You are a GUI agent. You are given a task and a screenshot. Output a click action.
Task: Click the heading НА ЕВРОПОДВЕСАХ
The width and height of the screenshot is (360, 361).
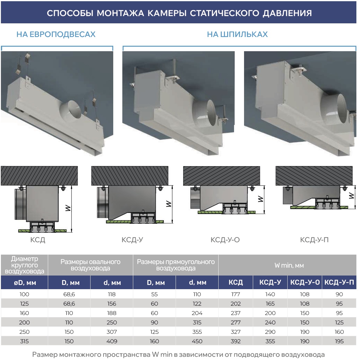tap(56, 34)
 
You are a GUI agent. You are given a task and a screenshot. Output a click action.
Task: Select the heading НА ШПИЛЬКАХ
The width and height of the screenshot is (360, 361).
tap(237, 34)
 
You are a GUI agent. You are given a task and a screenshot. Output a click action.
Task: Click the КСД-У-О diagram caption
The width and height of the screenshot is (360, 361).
tap(225, 240)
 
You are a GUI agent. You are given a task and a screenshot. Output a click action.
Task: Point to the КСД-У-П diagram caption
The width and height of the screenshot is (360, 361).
tap(314, 240)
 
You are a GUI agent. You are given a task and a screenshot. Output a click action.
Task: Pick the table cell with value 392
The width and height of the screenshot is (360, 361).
tap(236, 341)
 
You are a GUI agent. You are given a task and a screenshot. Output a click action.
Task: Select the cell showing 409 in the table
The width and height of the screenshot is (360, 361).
tap(112, 341)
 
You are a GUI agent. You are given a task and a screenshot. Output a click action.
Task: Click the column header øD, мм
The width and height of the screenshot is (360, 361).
tap(25, 282)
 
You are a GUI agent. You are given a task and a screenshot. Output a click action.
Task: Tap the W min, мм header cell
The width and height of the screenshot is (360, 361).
tap(289, 266)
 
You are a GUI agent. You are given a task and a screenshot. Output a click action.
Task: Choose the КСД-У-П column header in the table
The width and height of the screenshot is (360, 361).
tap(339, 282)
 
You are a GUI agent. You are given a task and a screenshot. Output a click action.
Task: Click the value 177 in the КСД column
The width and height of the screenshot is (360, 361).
tap(236, 294)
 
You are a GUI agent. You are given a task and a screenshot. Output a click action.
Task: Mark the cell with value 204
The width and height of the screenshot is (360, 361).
tap(197, 313)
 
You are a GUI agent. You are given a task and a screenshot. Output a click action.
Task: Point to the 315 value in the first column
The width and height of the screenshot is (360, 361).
tap(25, 341)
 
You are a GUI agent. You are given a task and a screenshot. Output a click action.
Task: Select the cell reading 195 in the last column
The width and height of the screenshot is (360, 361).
tap(339, 341)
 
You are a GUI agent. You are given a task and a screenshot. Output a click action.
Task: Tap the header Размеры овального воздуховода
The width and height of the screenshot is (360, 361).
tap(91, 265)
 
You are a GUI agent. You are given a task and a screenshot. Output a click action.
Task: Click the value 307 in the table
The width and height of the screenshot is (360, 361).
tap(112, 332)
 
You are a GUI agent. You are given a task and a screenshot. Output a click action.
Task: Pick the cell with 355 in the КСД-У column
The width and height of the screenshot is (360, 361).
tap(270, 341)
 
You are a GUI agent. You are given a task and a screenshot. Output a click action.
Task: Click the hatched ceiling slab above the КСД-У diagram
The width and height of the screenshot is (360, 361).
tap(130, 176)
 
